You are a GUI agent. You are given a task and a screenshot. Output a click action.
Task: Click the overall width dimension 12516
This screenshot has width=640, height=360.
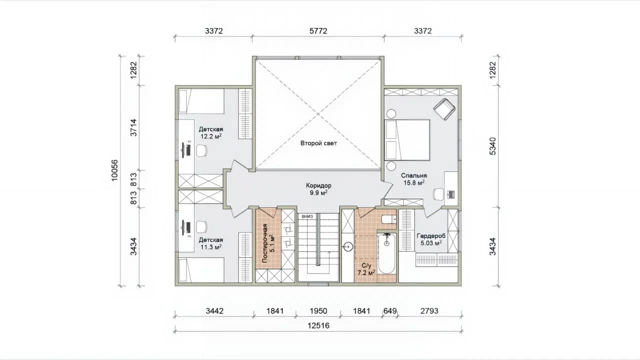(318, 325)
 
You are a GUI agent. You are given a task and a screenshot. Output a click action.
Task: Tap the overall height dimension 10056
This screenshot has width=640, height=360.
(114, 170)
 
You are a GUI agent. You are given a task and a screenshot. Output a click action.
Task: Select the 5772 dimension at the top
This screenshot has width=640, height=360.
(318, 31)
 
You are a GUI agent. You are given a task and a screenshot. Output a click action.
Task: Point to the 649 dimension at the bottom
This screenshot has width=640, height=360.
(390, 311)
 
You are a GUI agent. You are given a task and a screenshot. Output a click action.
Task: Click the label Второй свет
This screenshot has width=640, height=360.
(318, 143)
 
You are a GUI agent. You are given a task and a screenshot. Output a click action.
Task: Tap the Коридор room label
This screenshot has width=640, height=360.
(318, 185)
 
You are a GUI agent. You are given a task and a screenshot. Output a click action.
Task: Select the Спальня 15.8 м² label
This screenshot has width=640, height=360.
(413, 179)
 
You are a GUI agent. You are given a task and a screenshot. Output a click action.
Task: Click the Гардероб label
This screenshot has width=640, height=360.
(431, 236)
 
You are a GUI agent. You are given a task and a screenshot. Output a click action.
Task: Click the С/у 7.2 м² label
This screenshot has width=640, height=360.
(366, 269)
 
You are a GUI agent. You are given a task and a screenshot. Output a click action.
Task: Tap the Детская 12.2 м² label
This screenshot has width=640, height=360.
(211, 133)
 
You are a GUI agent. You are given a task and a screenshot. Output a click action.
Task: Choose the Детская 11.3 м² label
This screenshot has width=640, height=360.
(211, 243)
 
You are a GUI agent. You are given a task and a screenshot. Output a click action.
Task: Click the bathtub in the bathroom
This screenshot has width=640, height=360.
(386, 253)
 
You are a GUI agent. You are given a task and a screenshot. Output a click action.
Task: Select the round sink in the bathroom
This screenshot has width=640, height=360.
(348, 247)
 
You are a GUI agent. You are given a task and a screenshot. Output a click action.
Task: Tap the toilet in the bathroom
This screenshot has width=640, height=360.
(389, 219)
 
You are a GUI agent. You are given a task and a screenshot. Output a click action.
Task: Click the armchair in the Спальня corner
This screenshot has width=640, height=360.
(444, 109)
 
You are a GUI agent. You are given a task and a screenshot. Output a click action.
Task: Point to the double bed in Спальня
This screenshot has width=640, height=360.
(407, 139)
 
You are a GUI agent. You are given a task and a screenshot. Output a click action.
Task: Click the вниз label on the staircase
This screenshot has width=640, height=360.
(307, 216)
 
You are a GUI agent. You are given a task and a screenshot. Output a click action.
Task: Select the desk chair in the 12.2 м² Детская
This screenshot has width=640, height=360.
(201, 150)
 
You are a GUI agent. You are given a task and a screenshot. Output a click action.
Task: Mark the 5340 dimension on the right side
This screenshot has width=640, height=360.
(493, 146)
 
